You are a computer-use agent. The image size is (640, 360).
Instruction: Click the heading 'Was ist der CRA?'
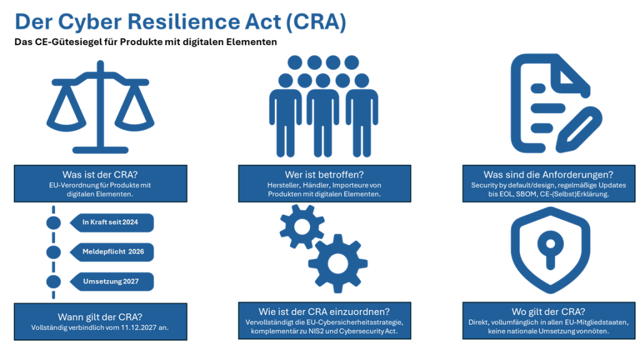click(100, 174)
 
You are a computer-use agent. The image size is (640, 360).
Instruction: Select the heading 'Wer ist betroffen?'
click(324, 174)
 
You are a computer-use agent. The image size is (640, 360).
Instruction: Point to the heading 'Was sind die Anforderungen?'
click(548, 174)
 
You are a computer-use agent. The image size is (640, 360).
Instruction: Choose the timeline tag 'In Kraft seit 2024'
click(111, 222)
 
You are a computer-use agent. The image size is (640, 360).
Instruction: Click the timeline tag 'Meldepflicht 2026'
click(111, 252)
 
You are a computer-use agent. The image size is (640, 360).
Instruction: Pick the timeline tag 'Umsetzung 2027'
click(111, 281)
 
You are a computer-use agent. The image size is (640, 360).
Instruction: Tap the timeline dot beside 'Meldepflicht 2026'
click(54, 252)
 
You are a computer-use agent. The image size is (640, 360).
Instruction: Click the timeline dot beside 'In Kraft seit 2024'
click(54, 222)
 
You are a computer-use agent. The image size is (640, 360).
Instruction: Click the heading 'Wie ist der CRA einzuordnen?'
click(324, 311)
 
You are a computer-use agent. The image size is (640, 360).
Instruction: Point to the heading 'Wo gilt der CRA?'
click(548, 311)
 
